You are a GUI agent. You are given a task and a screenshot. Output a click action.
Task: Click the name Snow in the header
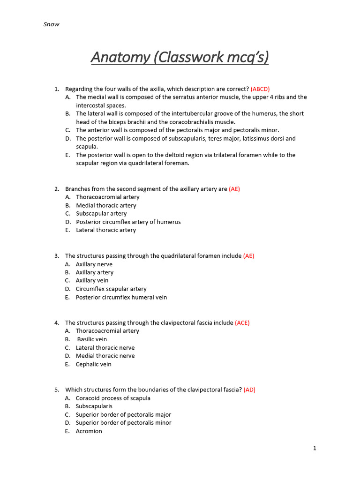pyautogui.click(x=51, y=24)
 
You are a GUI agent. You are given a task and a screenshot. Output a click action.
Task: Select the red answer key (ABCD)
pyautogui.click(x=260, y=89)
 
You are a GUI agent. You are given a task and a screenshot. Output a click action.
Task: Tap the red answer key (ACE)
pyautogui.click(x=242, y=322)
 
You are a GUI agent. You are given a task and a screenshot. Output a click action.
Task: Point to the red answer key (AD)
pyautogui.click(x=249, y=390)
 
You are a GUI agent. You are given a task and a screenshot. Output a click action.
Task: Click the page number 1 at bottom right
pyautogui.click(x=315, y=448)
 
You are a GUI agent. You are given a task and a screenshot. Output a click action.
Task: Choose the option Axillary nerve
pyautogui.click(x=94, y=264)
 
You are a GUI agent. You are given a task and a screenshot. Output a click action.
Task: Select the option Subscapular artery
pyautogui.click(x=101, y=214)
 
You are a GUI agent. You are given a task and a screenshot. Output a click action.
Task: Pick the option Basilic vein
pyautogui.click(x=92, y=339)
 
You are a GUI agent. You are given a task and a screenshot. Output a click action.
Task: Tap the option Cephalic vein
pyautogui.click(x=94, y=364)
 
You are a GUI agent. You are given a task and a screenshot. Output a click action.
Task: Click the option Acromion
pyautogui.click(x=89, y=431)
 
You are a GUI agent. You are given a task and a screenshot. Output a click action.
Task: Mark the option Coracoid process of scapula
pyautogui.click(x=113, y=398)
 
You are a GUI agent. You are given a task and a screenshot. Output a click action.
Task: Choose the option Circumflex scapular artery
pyautogui.click(x=111, y=289)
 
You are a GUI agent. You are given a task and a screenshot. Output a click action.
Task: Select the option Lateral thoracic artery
pyautogui.click(x=106, y=230)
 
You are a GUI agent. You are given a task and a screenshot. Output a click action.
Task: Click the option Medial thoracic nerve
pyautogui.click(x=105, y=356)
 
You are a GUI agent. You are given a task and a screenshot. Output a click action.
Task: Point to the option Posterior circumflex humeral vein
pyautogui.click(x=121, y=297)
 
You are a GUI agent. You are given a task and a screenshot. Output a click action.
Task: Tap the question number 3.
pyautogui.click(x=56, y=256)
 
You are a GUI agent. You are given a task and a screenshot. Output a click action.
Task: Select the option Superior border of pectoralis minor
pyautogui.click(x=123, y=423)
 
